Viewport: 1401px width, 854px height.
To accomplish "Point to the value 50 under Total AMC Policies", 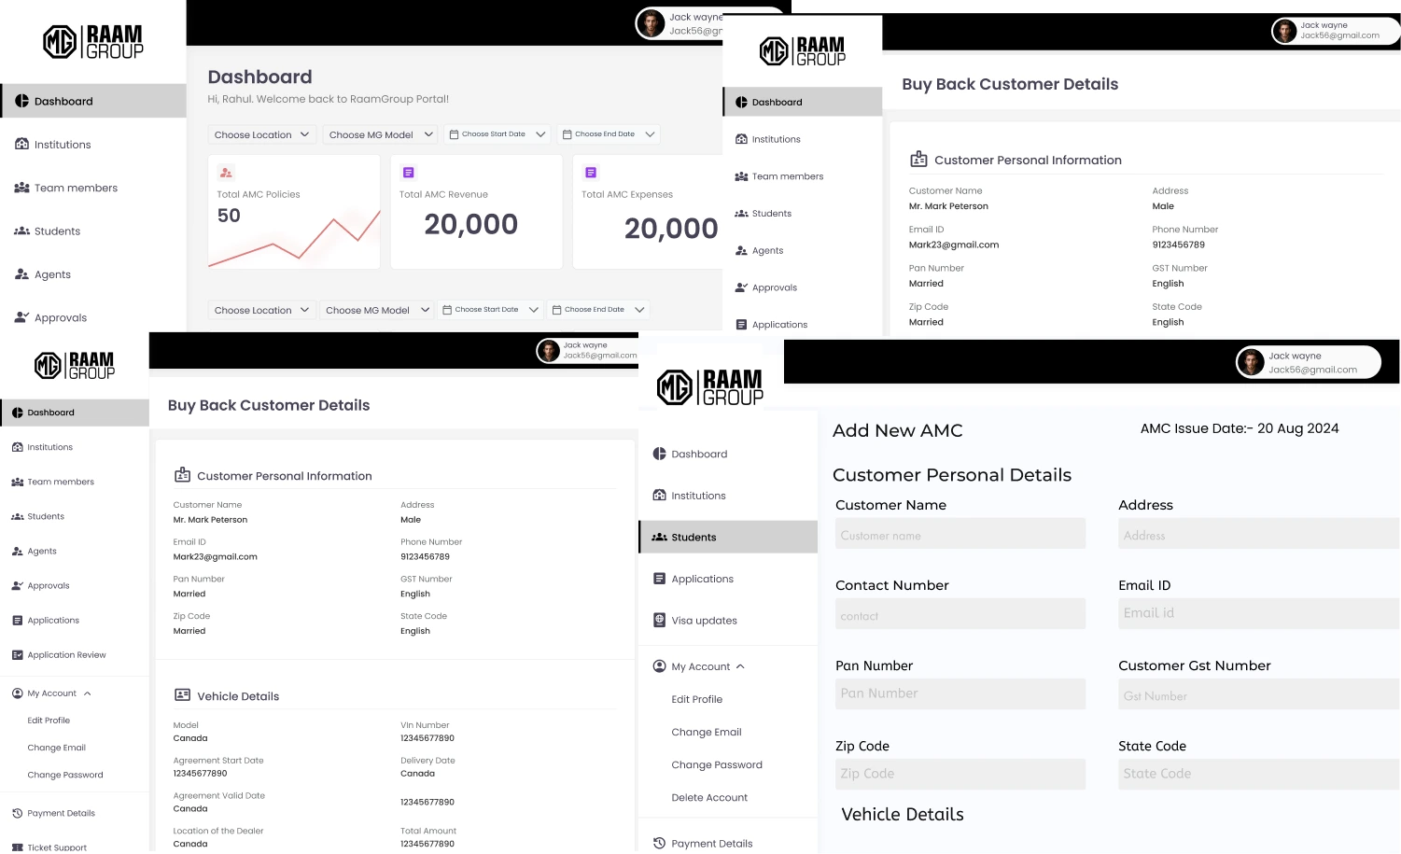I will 229,216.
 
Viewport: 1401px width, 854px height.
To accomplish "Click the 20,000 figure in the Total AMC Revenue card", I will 470,224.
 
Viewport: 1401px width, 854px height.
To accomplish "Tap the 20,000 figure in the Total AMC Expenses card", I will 670,229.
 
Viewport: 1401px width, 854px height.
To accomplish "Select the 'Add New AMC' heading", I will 897,430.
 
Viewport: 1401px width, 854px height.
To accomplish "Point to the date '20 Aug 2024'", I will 1297,428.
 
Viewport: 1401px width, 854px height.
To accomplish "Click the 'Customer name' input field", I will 960,535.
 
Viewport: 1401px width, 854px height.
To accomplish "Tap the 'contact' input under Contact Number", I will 960,615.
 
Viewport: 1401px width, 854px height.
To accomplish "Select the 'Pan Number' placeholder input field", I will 960,693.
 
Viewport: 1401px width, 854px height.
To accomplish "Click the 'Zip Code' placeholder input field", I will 960,774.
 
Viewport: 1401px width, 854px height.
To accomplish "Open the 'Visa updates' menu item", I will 704,621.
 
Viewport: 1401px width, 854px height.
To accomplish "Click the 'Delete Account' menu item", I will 709,798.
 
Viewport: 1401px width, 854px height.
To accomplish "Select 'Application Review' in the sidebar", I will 66,655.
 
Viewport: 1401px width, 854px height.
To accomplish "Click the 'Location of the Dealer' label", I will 218,831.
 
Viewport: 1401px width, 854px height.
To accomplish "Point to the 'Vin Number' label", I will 425,725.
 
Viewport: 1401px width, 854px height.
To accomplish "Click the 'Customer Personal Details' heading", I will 951,475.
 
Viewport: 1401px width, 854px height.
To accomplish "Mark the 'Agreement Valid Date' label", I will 219,796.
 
